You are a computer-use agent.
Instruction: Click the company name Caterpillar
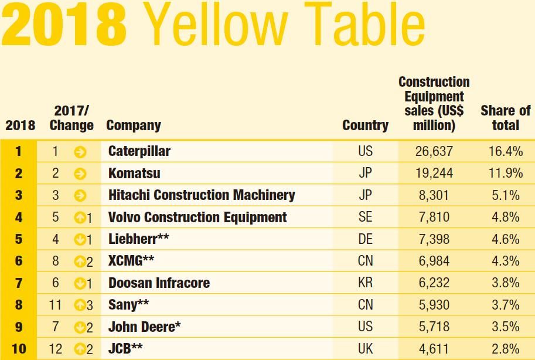[139, 151]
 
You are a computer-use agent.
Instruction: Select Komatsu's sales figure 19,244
[434, 174]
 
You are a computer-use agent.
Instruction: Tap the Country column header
[365, 125]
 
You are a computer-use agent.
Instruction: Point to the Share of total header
[505, 117]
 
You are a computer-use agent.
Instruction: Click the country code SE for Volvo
[365, 218]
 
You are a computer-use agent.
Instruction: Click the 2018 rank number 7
[19, 283]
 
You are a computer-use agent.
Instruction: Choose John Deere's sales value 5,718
[434, 327]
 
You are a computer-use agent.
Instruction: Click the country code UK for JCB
[365, 349]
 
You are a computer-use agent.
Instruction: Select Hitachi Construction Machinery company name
[202, 195]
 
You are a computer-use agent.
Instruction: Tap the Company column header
[133, 125]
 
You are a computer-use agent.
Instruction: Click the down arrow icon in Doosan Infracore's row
[80, 284]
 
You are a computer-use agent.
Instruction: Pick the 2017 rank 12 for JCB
[56, 349]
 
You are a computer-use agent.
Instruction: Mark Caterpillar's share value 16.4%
[505, 151]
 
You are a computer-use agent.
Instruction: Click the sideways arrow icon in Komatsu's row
[80, 174]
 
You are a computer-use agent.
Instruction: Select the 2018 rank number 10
[19, 349]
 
